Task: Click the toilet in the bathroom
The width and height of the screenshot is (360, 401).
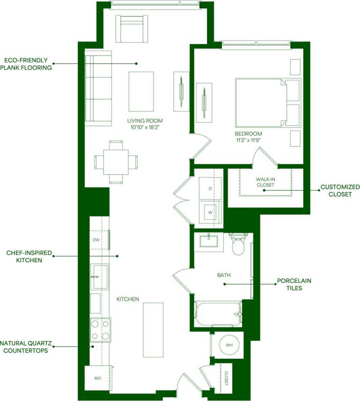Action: point(238,244)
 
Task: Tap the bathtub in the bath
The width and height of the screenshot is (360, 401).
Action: point(218,313)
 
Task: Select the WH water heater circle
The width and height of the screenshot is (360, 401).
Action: point(229,345)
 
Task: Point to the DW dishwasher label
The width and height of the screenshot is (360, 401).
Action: point(96,240)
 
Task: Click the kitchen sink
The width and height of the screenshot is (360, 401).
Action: point(99,276)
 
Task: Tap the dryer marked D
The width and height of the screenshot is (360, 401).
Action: point(210,188)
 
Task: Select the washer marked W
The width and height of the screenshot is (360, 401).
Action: point(210,212)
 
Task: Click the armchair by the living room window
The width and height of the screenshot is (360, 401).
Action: point(132,29)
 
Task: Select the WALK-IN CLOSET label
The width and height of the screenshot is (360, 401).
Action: point(265,182)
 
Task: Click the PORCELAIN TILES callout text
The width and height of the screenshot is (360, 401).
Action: point(294,284)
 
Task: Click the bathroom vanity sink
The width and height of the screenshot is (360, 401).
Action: point(208,241)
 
